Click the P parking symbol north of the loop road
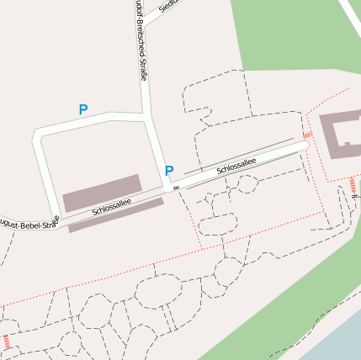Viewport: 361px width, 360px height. coord(82,109)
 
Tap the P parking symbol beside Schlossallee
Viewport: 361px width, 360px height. coord(169,171)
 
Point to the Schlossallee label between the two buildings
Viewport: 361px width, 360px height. coord(112,206)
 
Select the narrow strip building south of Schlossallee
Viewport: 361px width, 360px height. coord(115,214)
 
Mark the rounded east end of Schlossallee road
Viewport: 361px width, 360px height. coord(302,146)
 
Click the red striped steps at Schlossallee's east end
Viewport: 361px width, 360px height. coord(307,133)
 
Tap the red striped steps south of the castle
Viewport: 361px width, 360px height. coord(353,184)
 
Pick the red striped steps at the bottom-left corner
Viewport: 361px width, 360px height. coord(8,342)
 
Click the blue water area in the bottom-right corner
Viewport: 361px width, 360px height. coord(337,341)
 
